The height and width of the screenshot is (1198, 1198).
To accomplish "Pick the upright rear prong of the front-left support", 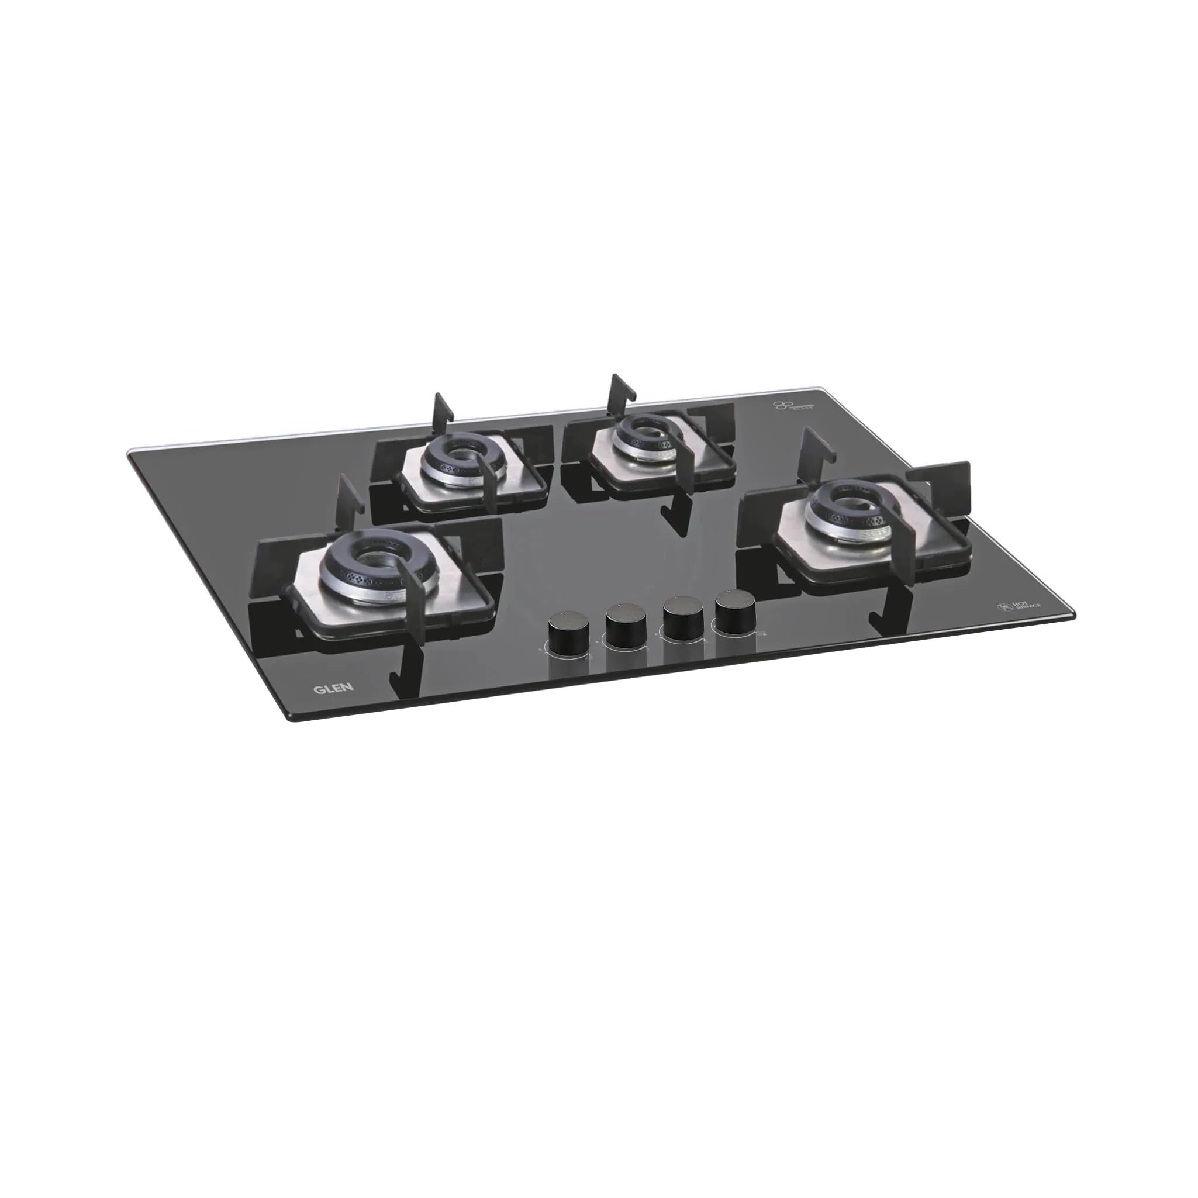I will click(347, 500).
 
